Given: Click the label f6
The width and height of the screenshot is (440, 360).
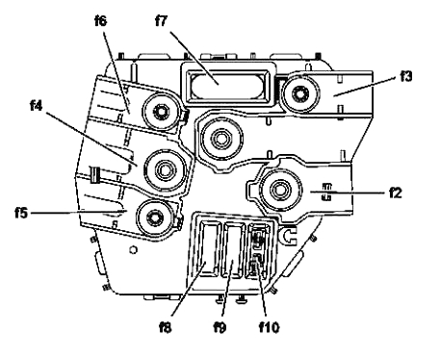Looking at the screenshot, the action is click(100, 21).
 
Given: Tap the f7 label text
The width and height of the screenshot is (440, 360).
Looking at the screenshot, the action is click(161, 21).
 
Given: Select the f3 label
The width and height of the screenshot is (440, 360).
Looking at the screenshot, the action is click(405, 76).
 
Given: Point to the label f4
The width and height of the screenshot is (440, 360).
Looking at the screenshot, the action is click(36, 105).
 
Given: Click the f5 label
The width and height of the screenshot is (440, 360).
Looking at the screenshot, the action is click(21, 213).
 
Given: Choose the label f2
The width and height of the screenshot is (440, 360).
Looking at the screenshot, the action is click(396, 193).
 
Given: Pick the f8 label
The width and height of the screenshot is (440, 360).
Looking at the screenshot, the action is click(166, 327).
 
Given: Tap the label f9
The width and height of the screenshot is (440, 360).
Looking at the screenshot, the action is click(220, 327).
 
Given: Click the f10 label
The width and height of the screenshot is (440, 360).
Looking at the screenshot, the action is click(269, 327).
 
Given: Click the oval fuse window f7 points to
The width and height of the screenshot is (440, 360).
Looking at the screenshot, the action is click(227, 85).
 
